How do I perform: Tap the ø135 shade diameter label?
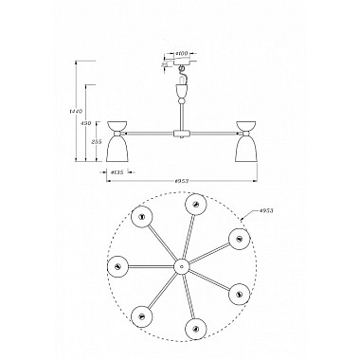[x=117, y=171]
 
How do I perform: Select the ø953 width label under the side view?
[x=180, y=181]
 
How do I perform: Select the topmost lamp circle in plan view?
[x=196, y=204]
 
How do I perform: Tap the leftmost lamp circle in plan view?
[x=117, y=266]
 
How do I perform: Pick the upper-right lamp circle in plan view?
[x=234, y=236]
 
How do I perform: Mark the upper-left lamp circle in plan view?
[x=142, y=218]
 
